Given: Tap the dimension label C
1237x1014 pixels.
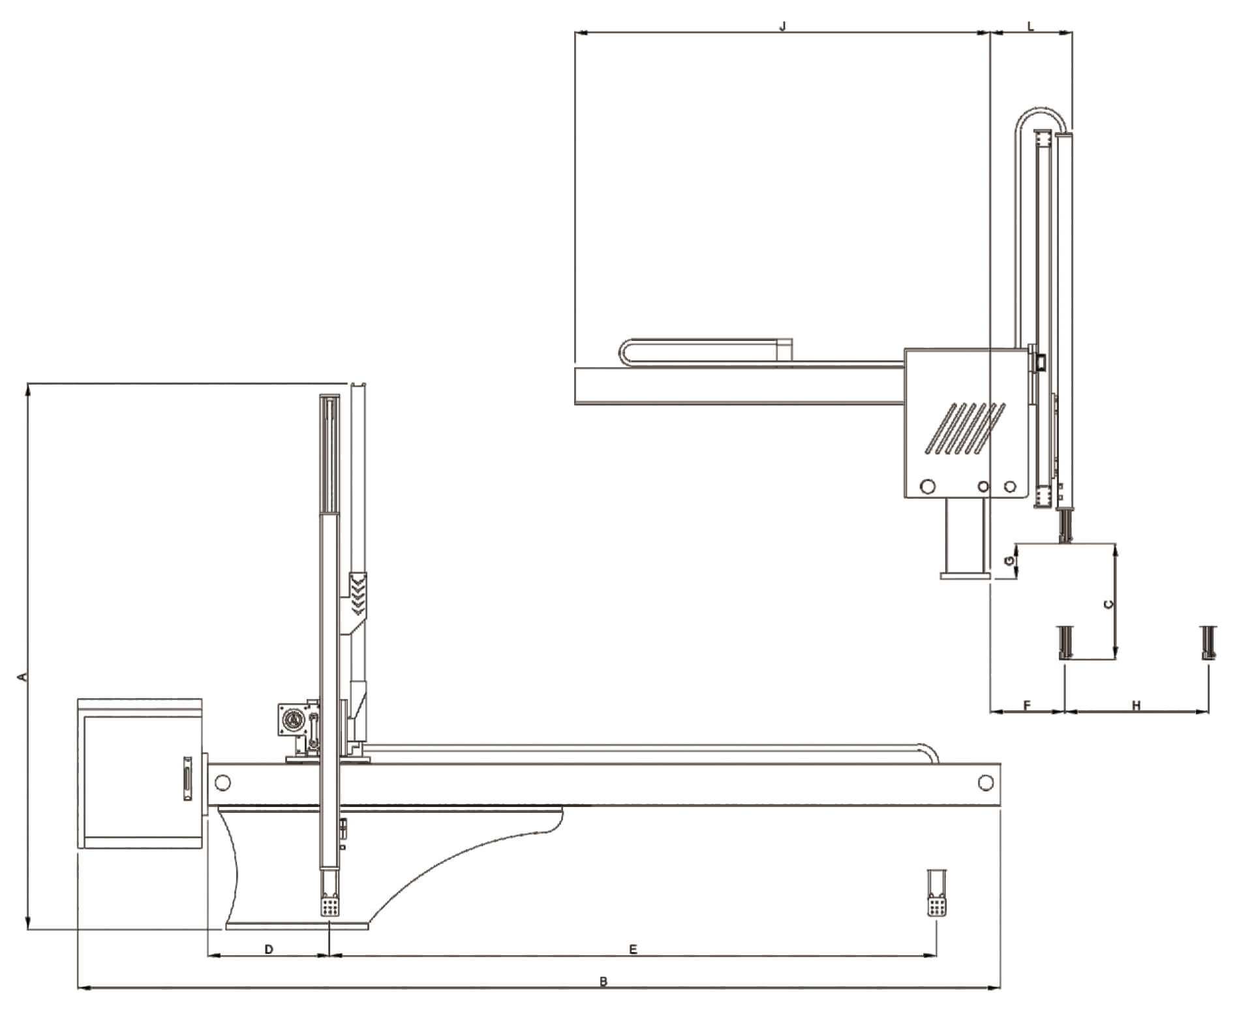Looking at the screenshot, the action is click(x=1107, y=604).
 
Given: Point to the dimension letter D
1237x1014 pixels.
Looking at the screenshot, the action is click(x=269, y=949).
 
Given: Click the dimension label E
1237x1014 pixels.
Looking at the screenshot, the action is click(x=633, y=949).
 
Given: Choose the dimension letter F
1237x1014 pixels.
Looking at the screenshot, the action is click(x=1027, y=706).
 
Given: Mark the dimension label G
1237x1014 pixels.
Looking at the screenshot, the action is click(x=1009, y=561).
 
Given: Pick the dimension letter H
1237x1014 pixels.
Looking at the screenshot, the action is click(x=1136, y=706).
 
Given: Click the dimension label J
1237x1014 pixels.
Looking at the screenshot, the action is click(x=784, y=25).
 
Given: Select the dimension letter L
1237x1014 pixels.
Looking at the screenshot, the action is click(x=1031, y=26).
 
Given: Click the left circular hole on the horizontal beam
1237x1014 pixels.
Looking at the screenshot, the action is click(x=222, y=782).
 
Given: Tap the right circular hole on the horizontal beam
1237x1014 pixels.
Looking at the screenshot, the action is click(x=985, y=782).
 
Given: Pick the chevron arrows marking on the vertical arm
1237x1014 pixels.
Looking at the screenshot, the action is click(x=358, y=594).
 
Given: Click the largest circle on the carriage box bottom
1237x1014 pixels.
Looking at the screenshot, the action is click(x=927, y=486).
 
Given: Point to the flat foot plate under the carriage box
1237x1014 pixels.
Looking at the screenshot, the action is click(x=965, y=576).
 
